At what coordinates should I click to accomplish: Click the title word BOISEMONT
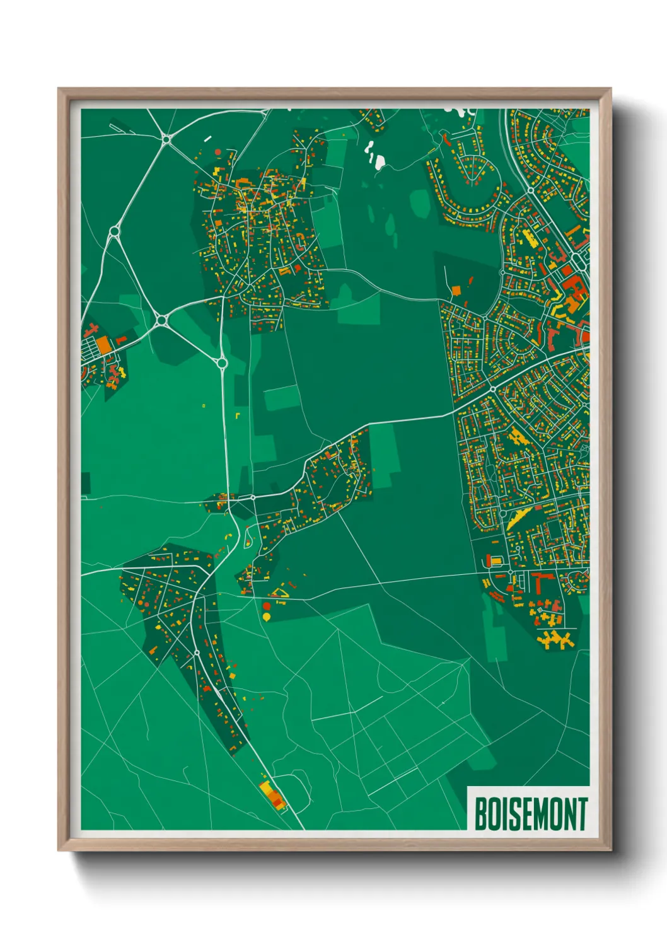[530, 814]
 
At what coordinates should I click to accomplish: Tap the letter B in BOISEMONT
[480, 814]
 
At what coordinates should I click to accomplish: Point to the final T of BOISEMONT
[581, 814]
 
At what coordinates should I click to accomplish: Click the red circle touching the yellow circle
[267, 606]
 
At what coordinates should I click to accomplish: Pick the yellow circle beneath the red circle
[267, 616]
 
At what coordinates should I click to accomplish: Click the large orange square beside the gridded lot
[103, 344]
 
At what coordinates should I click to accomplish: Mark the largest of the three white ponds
[379, 162]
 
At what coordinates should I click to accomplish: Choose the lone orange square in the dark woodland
[456, 291]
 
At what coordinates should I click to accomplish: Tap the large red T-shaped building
[539, 581]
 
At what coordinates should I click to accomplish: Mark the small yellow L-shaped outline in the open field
[237, 415]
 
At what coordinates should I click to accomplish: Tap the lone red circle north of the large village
[218, 152]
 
